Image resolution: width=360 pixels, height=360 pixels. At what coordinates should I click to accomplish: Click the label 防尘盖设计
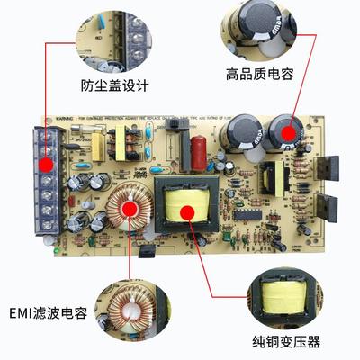(x=115, y=87)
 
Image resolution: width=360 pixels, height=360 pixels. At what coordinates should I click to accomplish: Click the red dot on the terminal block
(x=45, y=164)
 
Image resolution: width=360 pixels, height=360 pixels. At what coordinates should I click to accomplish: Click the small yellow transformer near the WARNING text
(x=121, y=140)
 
